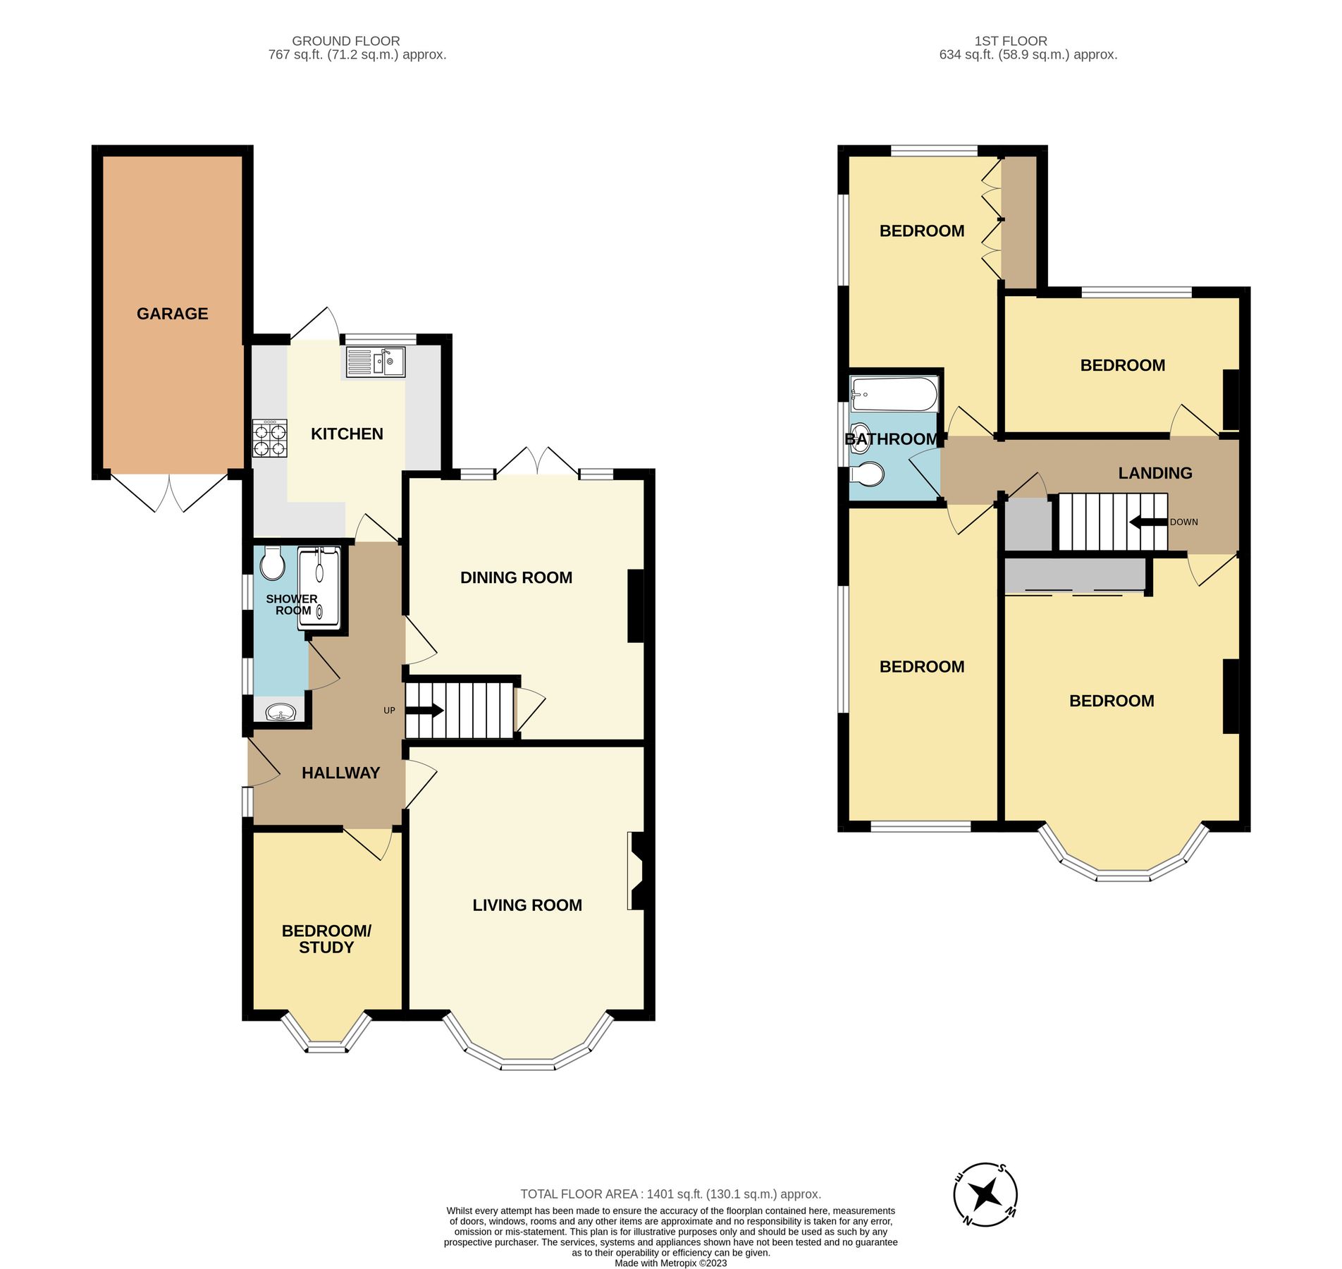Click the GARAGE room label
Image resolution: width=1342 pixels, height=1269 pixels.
pos(172,314)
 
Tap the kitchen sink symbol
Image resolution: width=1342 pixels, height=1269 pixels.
pos(376,362)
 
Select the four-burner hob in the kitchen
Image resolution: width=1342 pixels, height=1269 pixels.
pos(271,439)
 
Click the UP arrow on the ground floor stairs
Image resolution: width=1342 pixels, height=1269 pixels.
pos(424,711)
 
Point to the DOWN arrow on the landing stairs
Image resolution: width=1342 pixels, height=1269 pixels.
pos(1148,522)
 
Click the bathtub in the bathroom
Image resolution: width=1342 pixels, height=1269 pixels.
pos(894,394)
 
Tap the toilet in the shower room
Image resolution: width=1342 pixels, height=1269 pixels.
pos(271,563)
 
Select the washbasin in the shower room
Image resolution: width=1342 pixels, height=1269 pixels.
pos(281,712)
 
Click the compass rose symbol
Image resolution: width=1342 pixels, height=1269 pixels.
pos(985,1195)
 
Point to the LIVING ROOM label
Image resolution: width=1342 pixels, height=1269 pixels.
pos(527,905)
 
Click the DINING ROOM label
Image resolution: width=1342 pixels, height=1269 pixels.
pos(516,577)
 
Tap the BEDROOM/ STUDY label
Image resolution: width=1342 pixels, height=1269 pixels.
pos(326,939)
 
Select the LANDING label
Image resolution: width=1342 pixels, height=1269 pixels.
pos(1155,473)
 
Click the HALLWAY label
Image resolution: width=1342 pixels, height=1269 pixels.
pos(340,773)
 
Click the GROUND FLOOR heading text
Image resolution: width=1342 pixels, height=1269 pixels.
pos(345,41)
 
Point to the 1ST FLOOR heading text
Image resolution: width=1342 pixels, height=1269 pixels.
pos(1011,41)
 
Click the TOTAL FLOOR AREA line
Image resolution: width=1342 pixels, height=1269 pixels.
pos(670,1194)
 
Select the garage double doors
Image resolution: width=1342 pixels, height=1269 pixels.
pos(170,491)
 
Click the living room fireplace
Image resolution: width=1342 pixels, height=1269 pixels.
pos(637,871)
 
